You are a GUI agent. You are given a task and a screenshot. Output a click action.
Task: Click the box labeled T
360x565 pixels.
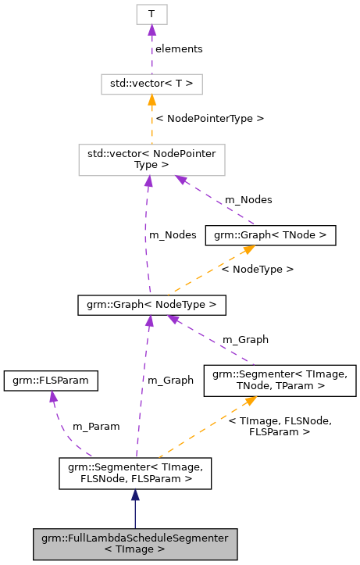[151, 14]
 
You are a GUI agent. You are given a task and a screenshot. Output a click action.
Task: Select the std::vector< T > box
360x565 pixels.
[151, 83]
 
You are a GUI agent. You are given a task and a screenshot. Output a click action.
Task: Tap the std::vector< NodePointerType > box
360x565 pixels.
[151, 159]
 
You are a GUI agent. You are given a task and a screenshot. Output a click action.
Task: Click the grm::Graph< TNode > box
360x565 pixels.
[270, 234]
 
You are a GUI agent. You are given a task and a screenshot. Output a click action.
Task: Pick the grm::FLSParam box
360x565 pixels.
[52, 380]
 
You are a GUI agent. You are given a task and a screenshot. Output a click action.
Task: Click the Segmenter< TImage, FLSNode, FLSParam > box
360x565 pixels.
[135, 474]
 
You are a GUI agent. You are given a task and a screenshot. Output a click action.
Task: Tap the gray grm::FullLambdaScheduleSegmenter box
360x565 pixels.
[135, 543]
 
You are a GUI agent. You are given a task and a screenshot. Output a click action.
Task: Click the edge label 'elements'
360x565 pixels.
[179, 48]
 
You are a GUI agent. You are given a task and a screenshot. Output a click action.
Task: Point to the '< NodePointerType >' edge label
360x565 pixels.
[209, 118]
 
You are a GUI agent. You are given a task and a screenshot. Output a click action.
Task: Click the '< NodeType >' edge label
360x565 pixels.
[257, 269]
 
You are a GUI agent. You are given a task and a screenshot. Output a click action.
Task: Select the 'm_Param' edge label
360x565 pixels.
[96, 427]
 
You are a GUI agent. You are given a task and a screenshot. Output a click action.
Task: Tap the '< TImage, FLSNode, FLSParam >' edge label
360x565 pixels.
[280, 426]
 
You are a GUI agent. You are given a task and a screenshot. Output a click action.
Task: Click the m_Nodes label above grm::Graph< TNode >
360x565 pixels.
[248, 200]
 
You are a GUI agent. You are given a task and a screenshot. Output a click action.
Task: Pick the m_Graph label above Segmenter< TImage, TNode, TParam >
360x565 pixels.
[245, 339]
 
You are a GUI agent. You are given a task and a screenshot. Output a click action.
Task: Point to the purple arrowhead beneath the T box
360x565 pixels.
[151, 30]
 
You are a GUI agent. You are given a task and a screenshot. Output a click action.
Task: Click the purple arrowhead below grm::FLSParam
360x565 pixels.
[53, 396]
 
